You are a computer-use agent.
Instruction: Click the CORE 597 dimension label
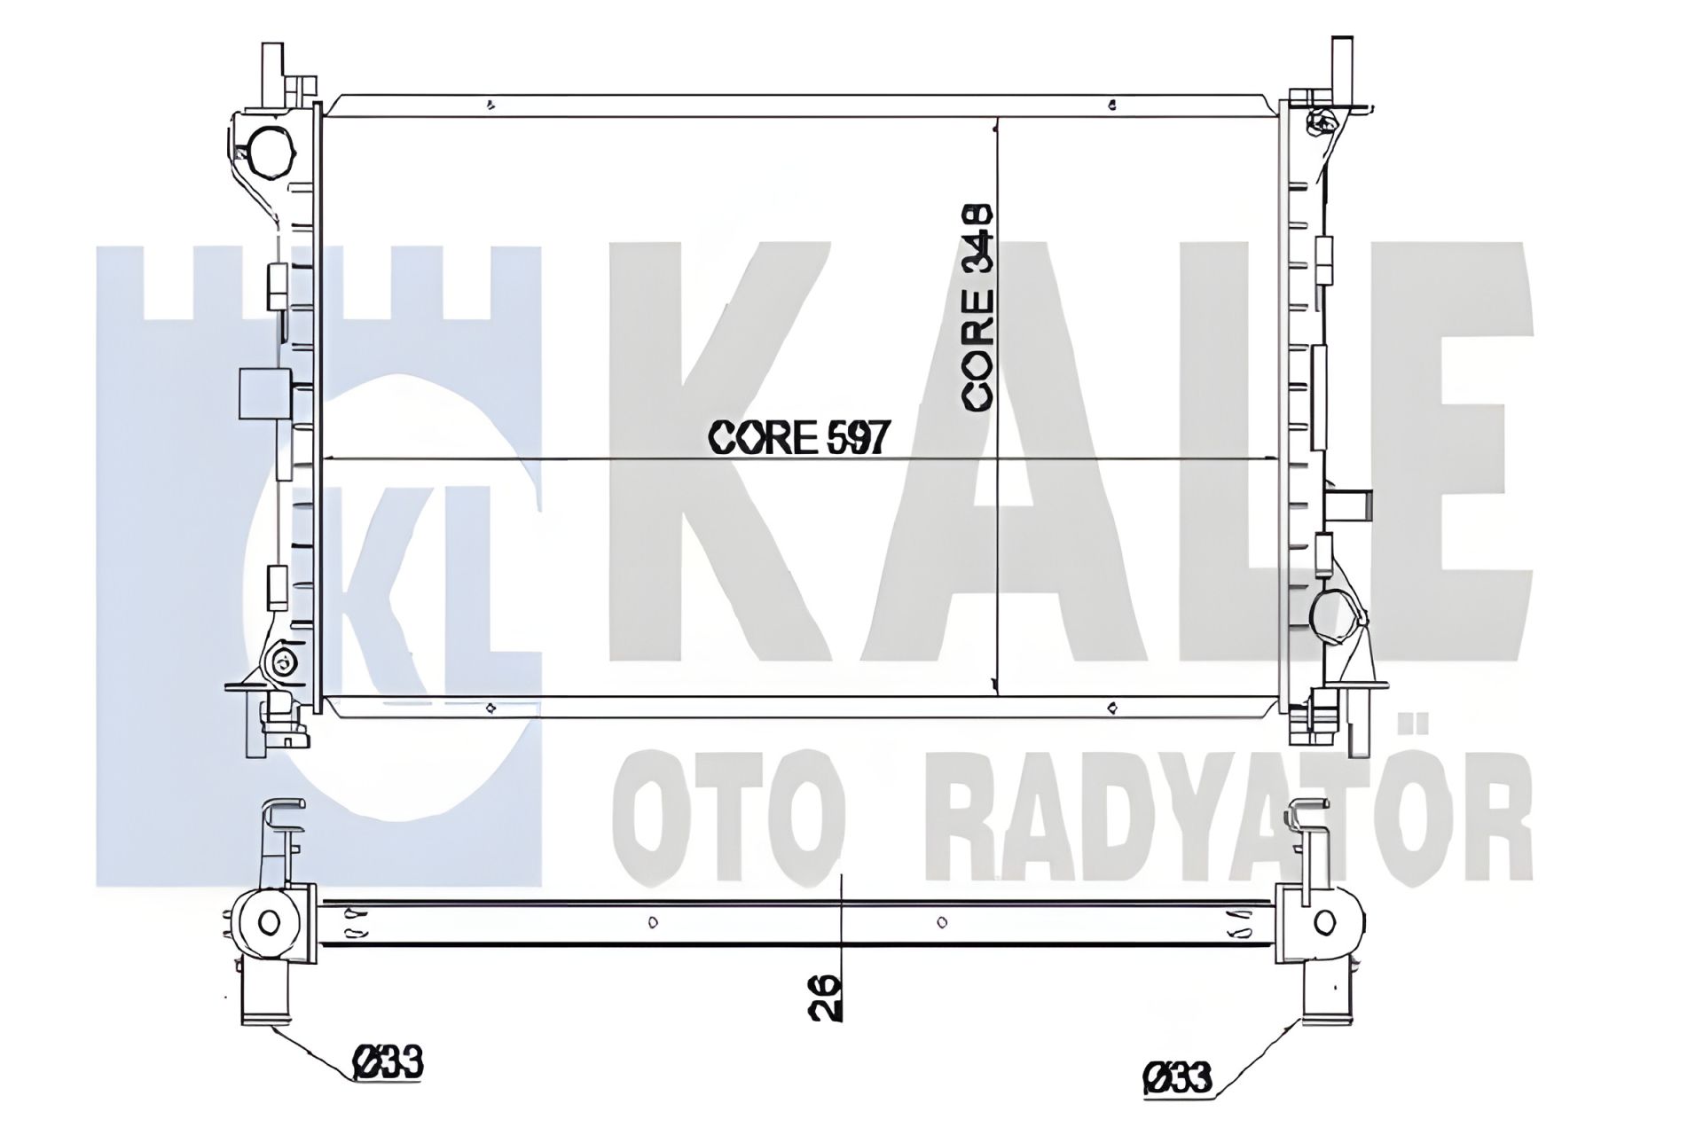click(x=798, y=437)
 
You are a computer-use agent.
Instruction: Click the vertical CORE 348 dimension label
click(x=978, y=308)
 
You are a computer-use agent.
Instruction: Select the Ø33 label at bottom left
click(x=388, y=1062)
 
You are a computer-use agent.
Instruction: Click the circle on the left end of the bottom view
click(x=270, y=923)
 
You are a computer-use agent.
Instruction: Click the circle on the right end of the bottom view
click(x=1324, y=922)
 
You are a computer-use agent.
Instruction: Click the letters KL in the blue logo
click(x=417, y=576)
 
